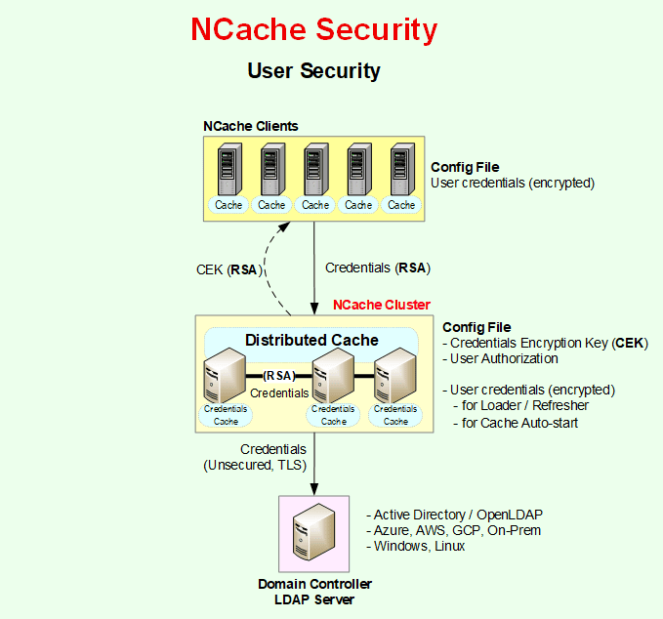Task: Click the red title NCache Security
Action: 313,29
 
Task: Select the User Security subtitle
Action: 313,71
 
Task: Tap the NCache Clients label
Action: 250,126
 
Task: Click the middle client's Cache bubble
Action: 315,205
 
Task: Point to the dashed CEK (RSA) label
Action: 227,270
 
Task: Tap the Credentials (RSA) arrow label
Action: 377,268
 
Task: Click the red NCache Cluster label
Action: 381,305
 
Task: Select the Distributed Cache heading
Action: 311,340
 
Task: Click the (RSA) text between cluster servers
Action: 280,375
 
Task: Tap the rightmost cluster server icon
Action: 397,379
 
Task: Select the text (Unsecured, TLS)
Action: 255,466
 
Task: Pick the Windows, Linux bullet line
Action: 419,546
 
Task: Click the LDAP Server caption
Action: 314,598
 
